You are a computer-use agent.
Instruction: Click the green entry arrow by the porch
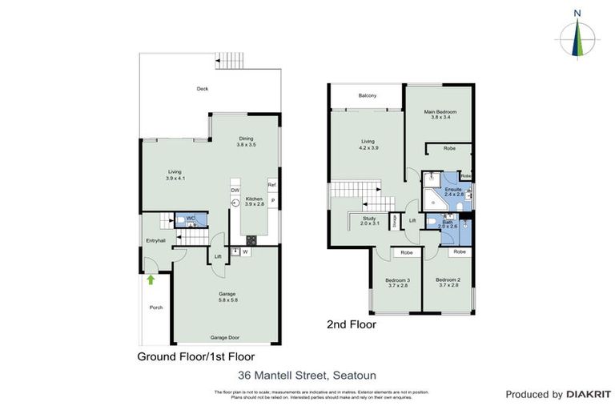click(151, 279)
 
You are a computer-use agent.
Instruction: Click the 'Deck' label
click(203, 89)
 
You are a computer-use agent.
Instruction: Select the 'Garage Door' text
click(227, 338)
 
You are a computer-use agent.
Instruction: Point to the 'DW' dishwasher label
click(235, 190)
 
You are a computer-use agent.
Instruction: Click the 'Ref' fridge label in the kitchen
click(271, 184)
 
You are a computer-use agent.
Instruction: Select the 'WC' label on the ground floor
click(191, 218)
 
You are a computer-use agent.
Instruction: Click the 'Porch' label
click(156, 307)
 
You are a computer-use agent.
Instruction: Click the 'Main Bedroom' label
click(440, 111)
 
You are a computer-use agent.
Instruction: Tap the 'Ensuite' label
click(454, 189)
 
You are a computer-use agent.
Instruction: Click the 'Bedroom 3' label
click(398, 279)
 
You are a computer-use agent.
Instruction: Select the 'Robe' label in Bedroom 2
click(459, 252)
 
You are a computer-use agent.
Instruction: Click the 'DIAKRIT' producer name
click(589, 394)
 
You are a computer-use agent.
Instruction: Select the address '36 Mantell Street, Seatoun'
click(307, 375)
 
